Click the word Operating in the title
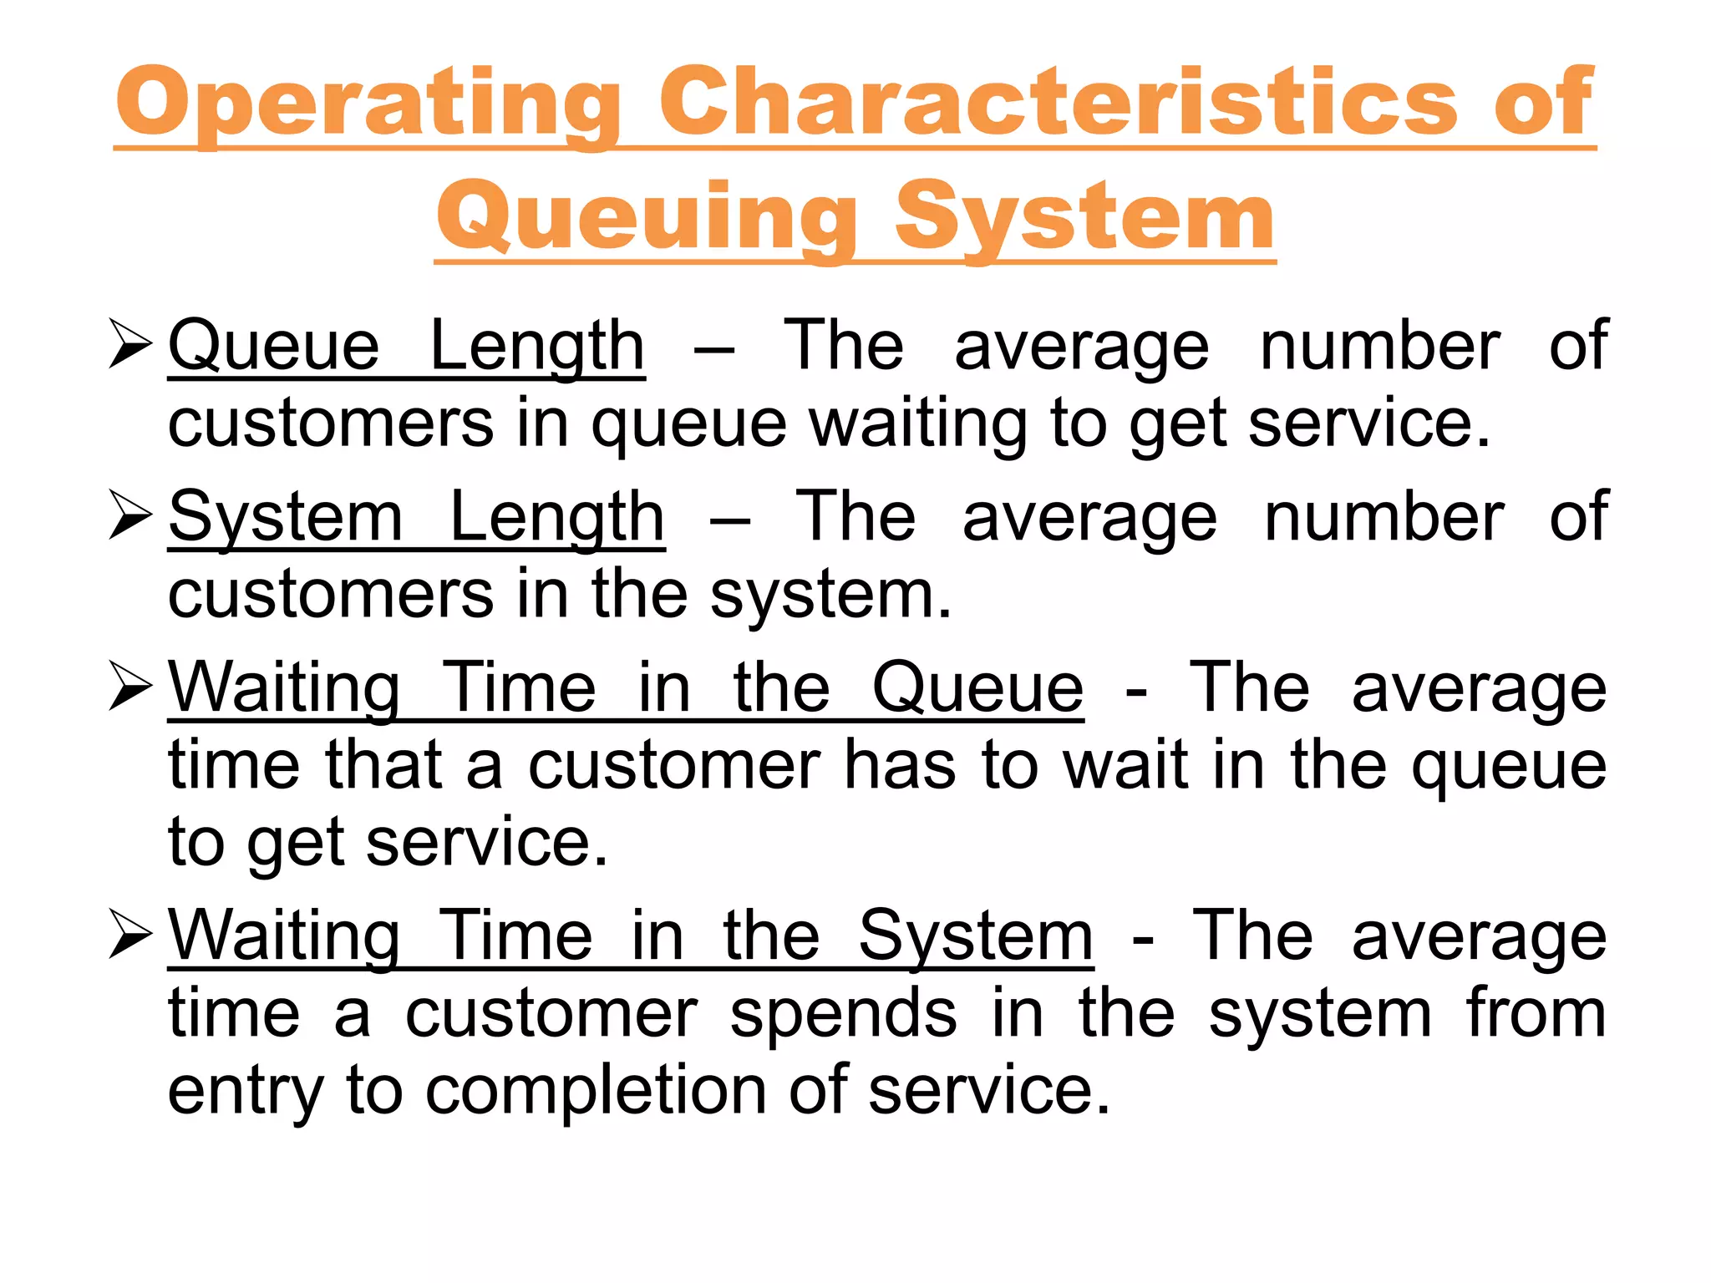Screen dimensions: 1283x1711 click(368, 103)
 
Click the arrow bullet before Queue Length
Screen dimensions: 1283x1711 click(130, 346)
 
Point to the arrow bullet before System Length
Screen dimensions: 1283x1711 click(130, 517)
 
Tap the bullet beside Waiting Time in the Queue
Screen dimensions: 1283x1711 click(130, 688)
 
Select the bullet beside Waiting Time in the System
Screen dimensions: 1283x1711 click(130, 936)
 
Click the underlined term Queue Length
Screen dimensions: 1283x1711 click(406, 346)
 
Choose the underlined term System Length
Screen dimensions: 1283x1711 click(416, 517)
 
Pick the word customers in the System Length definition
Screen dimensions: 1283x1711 click(331, 594)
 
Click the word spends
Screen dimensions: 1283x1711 click(843, 1013)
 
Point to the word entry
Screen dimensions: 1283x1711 click(245, 1091)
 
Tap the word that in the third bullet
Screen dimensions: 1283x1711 click(383, 765)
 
